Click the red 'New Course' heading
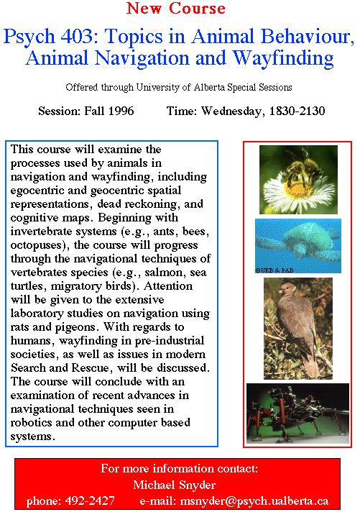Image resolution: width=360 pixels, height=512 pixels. click(x=175, y=8)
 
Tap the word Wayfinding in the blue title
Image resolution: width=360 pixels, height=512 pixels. click(x=283, y=58)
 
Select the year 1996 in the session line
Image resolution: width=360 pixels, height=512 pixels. click(x=121, y=111)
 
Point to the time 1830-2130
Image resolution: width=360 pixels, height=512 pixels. click(x=297, y=111)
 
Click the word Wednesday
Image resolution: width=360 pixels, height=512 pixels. click(x=231, y=111)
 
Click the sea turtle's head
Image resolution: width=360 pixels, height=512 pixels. click(x=300, y=250)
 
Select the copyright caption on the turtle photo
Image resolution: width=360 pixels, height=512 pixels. click(x=274, y=270)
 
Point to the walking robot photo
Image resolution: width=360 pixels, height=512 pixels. click(x=297, y=413)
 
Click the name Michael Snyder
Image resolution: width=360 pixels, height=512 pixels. click(x=175, y=485)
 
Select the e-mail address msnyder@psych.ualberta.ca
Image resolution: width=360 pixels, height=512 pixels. click(x=254, y=501)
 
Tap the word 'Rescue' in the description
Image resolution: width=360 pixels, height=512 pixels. click(x=90, y=367)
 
